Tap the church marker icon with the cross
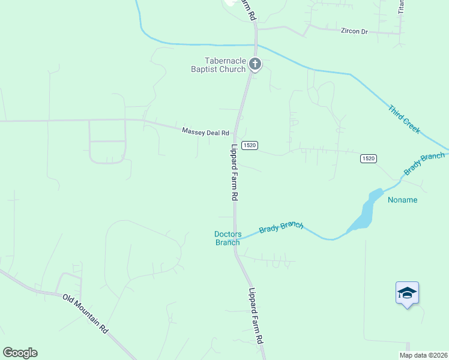[255, 64]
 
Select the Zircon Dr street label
[354, 31]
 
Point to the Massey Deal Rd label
[206, 132]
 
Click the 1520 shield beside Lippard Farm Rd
[250, 146]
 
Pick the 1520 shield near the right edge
[369, 158]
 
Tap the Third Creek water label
[404, 119]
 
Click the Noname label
[402, 200]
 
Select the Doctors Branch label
[228, 238]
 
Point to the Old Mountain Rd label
[85, 314]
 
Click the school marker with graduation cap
[407, 293]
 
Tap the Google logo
[20, 353]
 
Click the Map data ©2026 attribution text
[424, 355]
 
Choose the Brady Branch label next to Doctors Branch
[281, 227]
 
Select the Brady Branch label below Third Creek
[424, 164]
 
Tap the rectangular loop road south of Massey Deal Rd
[107, 141]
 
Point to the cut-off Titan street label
[402, 7]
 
